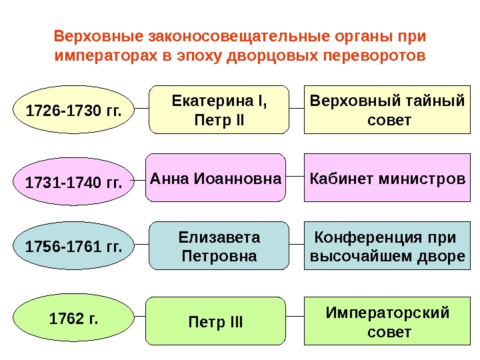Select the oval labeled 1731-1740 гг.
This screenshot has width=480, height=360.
click(x=73, y=180)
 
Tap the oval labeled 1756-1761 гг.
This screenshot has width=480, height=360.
click(x=73, y=248)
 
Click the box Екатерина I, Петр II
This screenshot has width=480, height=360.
click(x=219, y=109)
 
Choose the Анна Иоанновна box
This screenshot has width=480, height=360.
click(x=216, y=178)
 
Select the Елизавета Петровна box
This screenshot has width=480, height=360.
click(x=219, y=246)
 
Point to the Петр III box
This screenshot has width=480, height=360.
click(x=216, y=323)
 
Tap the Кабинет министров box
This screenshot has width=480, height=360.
click(x=387, y=178)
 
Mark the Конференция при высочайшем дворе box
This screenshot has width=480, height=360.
click(x=387, y=246)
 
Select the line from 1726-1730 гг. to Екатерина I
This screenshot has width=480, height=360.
click(x=141, y=107)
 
